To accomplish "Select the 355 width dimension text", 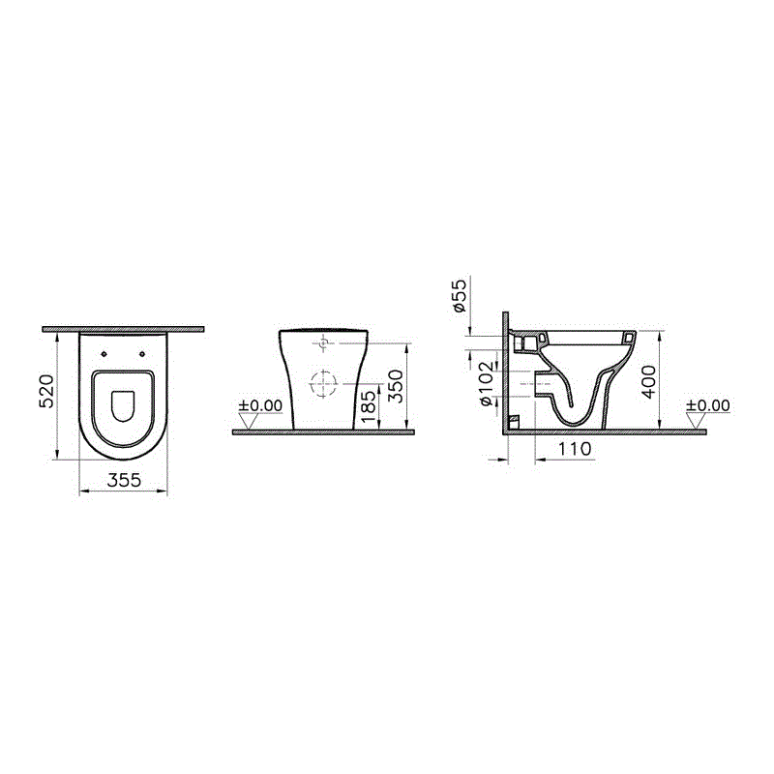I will pyautogui.click(x=124, y=480).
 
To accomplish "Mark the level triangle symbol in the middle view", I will pyautogui.click(x=249, y=420).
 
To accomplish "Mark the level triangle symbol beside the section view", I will pyautogui.click(x=694, y=420).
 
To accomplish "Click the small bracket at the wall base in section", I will pyautogui.click(x=514, y=422).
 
